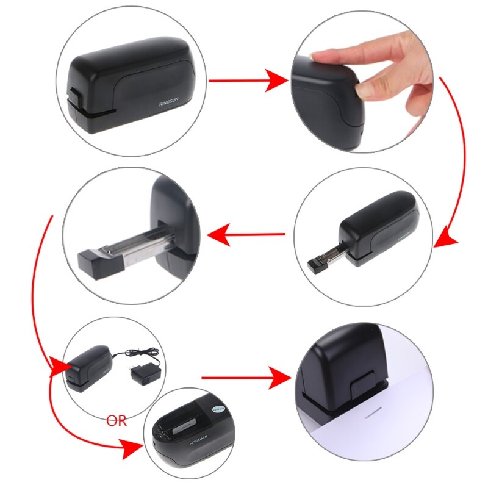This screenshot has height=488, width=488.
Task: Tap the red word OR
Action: point(117,422)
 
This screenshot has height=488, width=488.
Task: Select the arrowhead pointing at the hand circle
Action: point(278,80)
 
